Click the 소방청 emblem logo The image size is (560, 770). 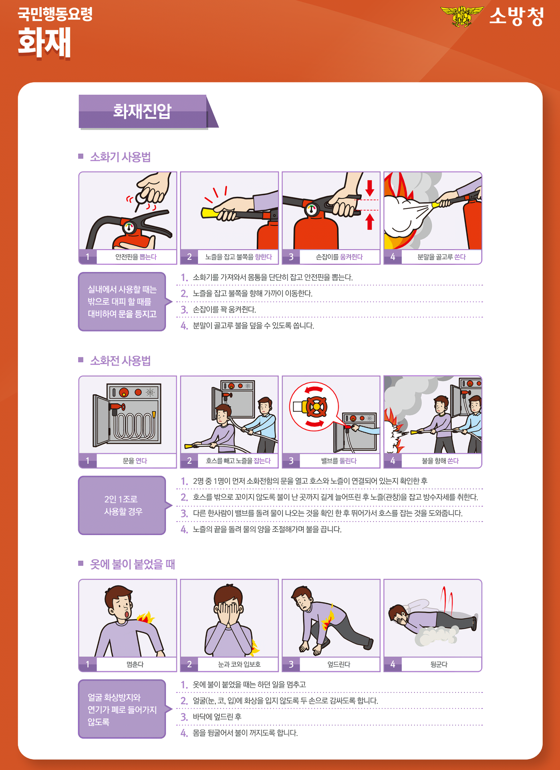(462, 16)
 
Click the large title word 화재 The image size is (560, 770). (44, 42)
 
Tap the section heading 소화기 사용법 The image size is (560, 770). (120, 157)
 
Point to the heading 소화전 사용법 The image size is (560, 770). (120, 361)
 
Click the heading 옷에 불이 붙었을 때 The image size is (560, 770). (133, 564)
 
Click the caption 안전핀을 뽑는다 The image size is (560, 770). (136, 257)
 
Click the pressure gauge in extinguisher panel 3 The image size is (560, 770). (312, 209)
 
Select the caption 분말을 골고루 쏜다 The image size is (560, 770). (441, 257)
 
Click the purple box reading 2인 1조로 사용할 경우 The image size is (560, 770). (122, 505)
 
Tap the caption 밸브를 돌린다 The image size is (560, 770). (339, 461)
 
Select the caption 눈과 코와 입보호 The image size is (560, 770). (239, 664)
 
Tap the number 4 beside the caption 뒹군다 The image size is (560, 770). (393, 664)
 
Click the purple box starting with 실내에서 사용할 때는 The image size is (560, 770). (122, 302)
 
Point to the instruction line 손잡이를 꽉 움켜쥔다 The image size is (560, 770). (224, 309)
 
